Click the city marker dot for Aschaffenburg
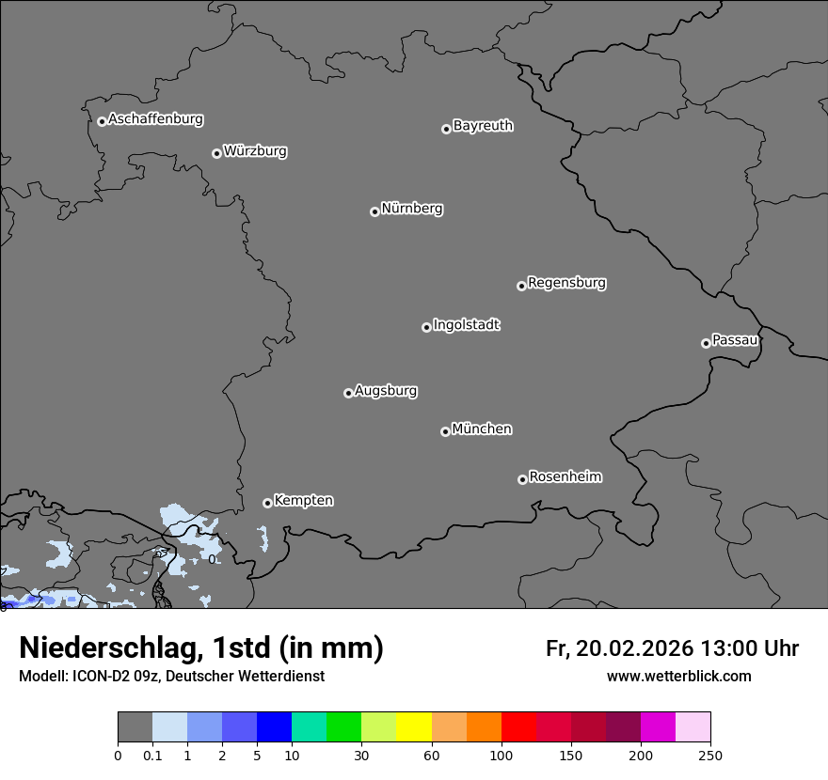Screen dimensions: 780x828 [102, 121]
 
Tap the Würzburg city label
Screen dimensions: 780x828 [255, 151]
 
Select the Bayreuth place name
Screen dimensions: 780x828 [483, 126]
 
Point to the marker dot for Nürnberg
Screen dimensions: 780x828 [374, 211]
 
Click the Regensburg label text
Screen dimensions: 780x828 [566, 283]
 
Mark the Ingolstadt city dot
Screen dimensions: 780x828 [426, 327]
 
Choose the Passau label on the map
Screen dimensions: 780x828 [735, 340]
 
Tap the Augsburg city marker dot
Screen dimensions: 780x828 [348, 393]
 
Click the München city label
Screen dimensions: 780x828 [482, 429]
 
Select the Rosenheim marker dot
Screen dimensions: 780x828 [522, 480]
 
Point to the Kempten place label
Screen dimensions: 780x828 [303, 501]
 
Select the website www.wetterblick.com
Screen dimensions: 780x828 [678, 677]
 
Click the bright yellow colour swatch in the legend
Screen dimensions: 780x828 [414, 728]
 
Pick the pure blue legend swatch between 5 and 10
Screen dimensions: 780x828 [274, 728]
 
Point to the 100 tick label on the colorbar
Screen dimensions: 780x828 [502, 756]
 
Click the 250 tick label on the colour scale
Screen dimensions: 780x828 [710, 756]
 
